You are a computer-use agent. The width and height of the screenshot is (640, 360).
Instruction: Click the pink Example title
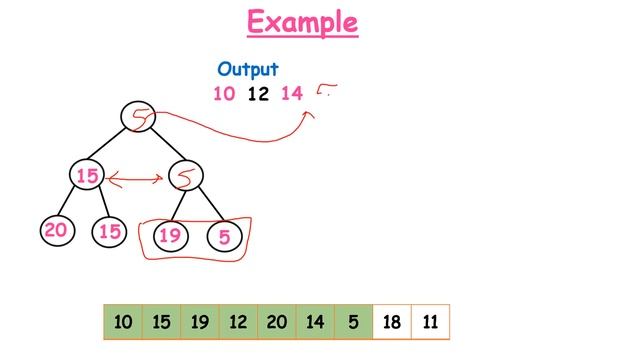[x=303, y=22]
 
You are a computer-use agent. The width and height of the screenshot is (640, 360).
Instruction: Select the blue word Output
[x=248, y=70]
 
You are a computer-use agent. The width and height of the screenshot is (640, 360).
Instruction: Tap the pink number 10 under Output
[x=223, y=94]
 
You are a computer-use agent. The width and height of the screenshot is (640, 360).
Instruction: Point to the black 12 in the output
[x=257, y=94]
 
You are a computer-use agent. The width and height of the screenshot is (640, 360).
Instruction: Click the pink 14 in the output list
[x=292, y=94]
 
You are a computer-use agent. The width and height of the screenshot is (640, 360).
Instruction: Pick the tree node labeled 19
[x=169, y=236]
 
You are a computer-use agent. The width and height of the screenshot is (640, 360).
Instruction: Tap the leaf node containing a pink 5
[x=224, y=237]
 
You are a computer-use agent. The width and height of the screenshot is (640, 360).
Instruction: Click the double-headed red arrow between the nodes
[x=136, y=179]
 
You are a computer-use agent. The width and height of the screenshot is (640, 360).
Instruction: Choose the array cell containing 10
[x=123, y=322]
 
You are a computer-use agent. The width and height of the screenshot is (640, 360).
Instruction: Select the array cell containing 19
[x=200, y=322]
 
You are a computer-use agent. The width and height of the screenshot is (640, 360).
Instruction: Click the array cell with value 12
[x=238, y=322]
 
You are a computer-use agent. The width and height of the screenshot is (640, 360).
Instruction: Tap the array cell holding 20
[x=277, y=322]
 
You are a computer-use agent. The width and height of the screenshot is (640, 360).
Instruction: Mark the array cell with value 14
[x=315, y=322]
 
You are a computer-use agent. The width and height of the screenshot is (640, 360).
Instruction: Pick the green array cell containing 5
[x=353, y=322]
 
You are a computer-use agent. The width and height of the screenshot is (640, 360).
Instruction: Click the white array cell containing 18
[x=391, y=322]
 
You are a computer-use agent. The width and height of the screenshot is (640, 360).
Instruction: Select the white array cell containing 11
[x=430, y=322]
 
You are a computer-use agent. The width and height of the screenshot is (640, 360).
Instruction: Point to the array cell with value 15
[x=162, y=322]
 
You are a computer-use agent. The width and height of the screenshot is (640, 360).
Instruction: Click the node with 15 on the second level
[x=88, y=176]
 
